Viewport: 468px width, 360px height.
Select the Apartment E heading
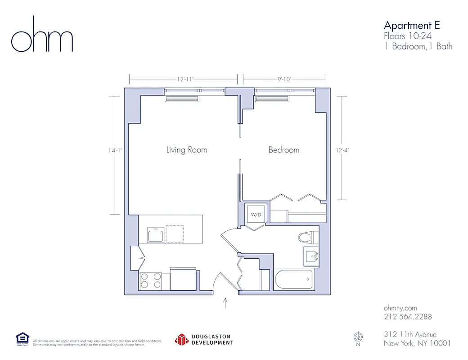(x=411, y=25)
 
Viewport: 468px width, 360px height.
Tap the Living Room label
(x=186, y=150)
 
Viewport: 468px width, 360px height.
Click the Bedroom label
(x=283, y=150)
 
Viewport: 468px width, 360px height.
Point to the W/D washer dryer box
(x=256, y=215)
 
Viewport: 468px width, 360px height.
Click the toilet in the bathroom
(x=308, y=237)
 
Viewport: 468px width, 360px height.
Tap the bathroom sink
(x=311, y=256)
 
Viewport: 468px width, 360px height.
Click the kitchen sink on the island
(x=156, y=234)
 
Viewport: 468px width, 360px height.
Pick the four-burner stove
(x=150, y=281)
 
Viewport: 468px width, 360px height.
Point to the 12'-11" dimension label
(x=184, y=79)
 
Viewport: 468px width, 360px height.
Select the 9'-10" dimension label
(x=284, y=79)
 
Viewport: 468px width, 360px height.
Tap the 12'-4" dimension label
(x=343, y=150)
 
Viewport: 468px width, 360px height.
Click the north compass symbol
(x=358, y=337)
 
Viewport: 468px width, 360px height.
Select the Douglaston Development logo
(x=204, y=339)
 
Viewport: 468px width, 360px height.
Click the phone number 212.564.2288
(x=408, y=317)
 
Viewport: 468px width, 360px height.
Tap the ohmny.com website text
(x=400, y=308)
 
